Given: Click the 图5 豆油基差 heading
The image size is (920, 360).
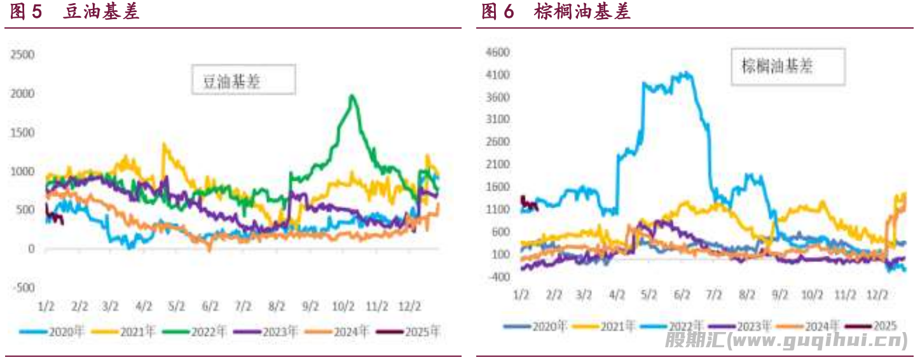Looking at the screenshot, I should [x=75, y=12].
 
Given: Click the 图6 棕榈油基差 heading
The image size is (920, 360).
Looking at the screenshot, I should [x=556, y=12].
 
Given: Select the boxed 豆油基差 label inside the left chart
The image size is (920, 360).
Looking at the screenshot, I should [x=243, y=81].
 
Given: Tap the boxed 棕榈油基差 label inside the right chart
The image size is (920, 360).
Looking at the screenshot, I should [x=786, y=66].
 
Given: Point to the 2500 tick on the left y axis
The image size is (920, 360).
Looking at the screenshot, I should [x=22, y=55].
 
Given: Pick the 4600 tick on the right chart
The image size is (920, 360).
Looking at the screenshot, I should [x=498, y=52].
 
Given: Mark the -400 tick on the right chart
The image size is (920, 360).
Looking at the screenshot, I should [x=498, y=277].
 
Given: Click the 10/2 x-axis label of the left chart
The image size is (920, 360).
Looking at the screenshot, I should [x=343, y=307].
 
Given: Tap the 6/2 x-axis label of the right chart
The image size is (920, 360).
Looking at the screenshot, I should [x=682, y=295].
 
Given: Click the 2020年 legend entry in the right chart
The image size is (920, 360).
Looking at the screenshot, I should [x=535, y=327].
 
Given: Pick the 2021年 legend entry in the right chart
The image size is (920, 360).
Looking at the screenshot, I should [x=603, y=327].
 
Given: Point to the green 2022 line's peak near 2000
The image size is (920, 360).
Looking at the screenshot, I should [x=352, y=96].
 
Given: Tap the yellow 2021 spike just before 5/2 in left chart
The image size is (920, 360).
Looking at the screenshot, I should [x=165, y=146].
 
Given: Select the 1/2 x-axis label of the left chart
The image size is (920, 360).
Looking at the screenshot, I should [x=46, y=307].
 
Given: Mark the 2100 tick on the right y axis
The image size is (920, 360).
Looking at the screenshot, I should [x=498, y=164].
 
